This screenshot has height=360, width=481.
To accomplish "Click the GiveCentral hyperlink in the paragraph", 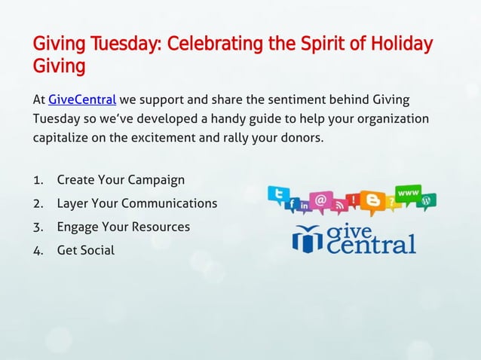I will [x=81, y=99].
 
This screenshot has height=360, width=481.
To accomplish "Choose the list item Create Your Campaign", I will [x=121, y=181].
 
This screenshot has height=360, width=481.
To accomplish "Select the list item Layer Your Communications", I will [x=136, y=203].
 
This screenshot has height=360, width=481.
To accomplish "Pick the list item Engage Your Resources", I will [x=124, y=227].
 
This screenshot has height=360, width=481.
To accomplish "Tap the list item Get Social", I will [x=86, y=250].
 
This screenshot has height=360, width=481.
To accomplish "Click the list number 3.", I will [x=38, y=227].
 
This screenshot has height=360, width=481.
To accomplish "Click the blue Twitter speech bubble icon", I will [x=280, y=194].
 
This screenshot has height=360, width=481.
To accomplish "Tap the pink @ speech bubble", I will [x=320, y=200].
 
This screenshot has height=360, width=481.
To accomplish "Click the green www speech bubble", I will [x=408, y=193].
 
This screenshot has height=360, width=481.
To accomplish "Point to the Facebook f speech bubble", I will [x=291, y=205].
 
